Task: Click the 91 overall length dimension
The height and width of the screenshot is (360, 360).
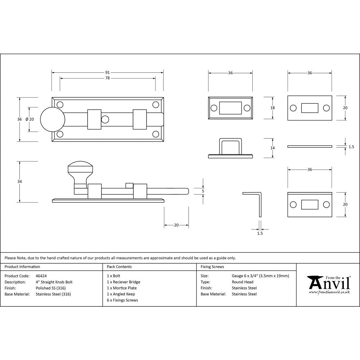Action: (107, 72)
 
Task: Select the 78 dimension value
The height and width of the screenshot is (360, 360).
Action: (107, 78)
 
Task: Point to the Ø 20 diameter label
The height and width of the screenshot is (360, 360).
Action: (30, 119)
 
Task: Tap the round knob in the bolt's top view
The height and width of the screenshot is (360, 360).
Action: (52, 119)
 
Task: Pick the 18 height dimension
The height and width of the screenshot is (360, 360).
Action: (273, 108)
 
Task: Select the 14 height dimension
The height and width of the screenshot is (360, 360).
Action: (273, 148)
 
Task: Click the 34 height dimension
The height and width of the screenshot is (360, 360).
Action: (19, 182)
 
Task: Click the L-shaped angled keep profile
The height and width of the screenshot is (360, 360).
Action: (256, 202)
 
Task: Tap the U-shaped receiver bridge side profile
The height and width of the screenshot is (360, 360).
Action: (230, 148)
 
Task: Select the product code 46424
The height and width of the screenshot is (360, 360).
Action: (41, 276)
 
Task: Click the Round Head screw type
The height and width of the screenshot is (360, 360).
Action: (243, 282)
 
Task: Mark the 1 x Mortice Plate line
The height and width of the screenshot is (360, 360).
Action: (122, 288)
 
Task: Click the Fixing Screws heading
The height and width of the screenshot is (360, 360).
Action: (212, 267)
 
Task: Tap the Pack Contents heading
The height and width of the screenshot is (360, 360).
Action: (119, 267)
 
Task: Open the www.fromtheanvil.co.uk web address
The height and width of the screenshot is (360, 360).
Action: (329, 292)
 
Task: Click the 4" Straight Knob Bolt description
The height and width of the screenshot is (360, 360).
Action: (54, 282)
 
